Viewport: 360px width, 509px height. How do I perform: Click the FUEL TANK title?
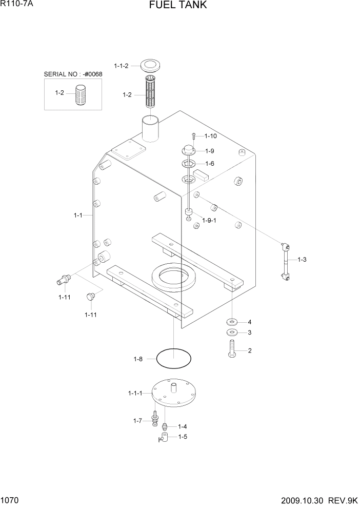[178, 6]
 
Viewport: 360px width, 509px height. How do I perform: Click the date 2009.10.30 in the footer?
[304, 500]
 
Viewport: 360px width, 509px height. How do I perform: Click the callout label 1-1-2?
[121, 66]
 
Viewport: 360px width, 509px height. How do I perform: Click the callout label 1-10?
[211, 136]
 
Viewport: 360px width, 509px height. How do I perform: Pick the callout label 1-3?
[302, 260]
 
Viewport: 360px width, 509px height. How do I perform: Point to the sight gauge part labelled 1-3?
[285, 261]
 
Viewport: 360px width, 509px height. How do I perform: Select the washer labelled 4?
[231, 322]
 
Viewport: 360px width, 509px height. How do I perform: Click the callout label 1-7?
[137, 421]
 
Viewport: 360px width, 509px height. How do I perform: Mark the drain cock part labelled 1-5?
[165, 438]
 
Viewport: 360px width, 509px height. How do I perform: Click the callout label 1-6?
[210, 163]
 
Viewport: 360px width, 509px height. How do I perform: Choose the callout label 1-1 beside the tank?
[78, 216]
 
